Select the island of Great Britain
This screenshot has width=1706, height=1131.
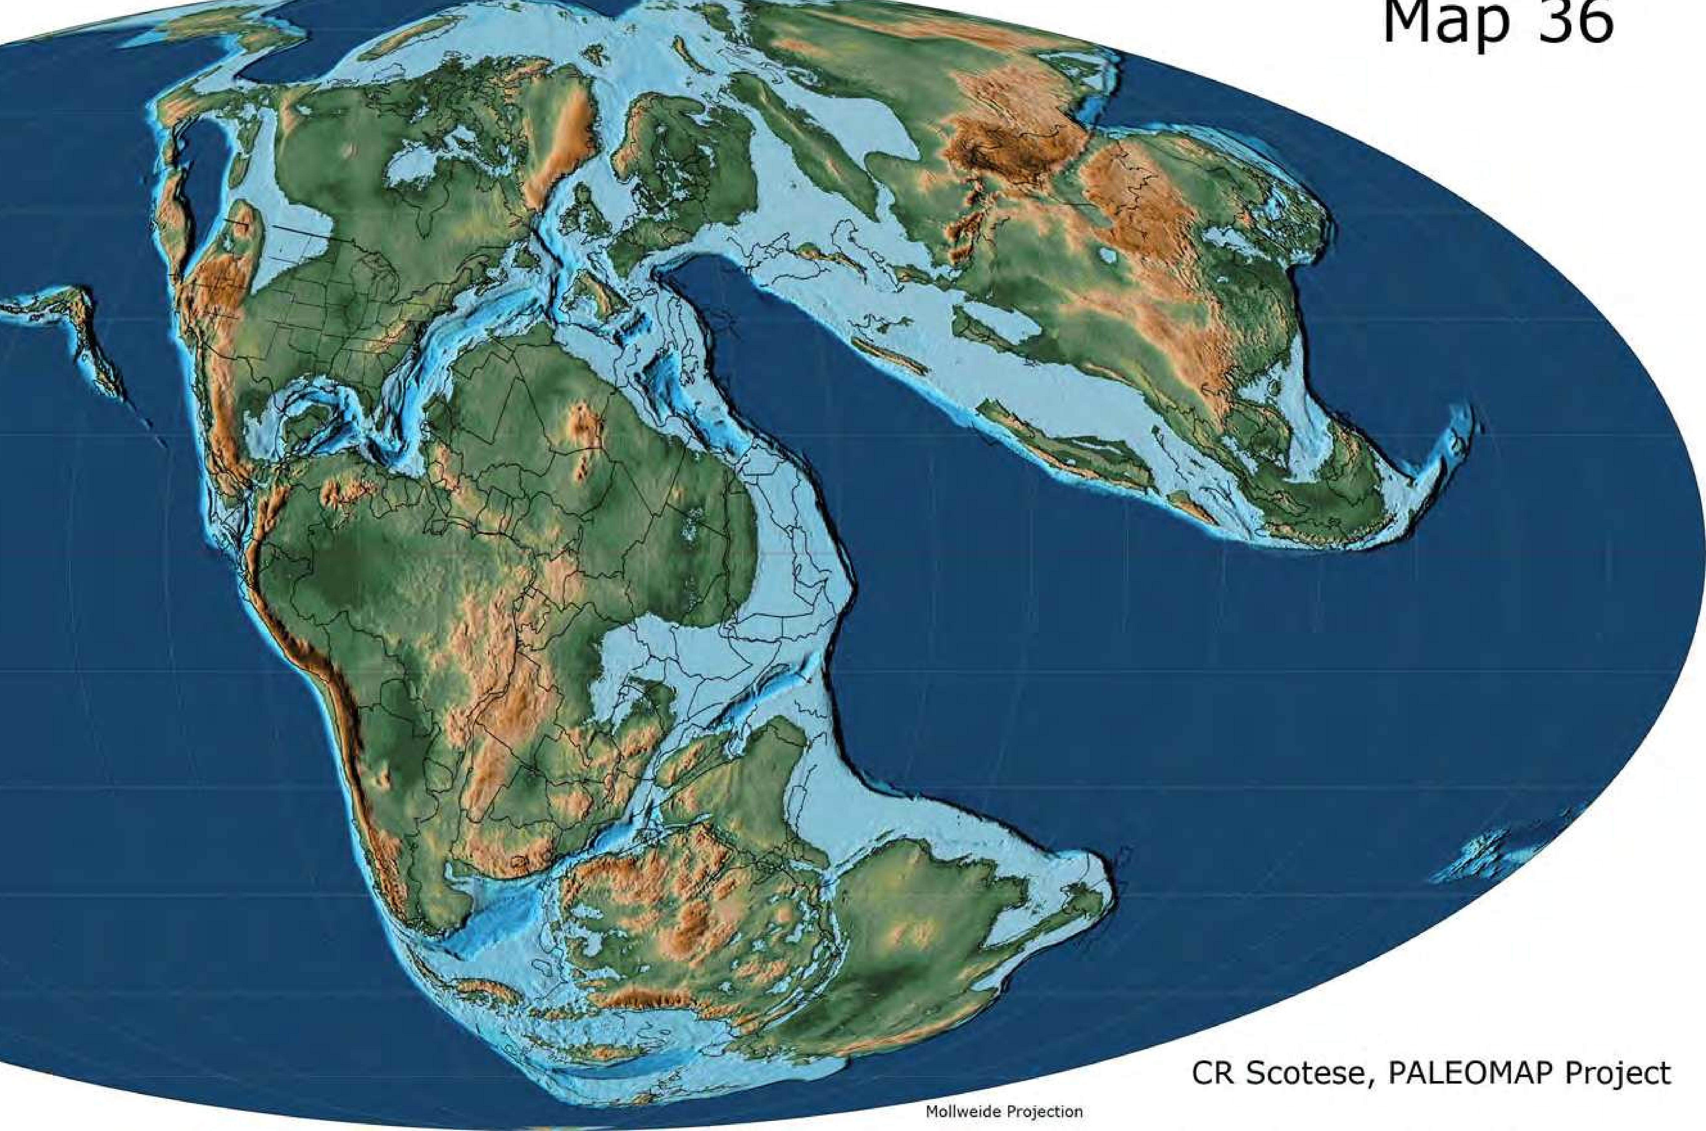(584, 216)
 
